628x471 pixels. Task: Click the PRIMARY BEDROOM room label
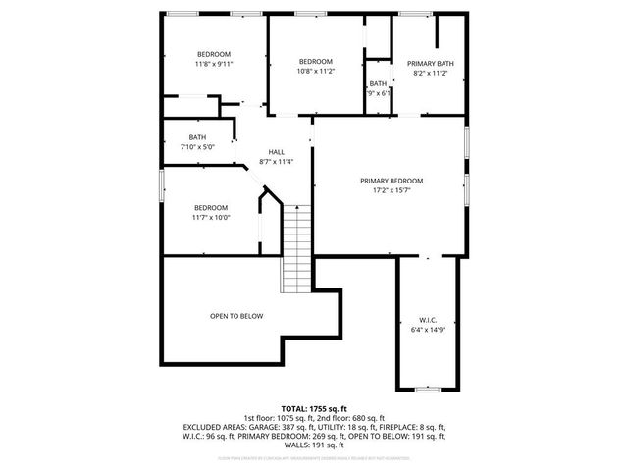pyautogui.click(x=391, y=181)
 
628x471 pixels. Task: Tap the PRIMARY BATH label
pyautogui.click(x=431, y=63)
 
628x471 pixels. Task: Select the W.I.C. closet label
pyautogui.click(x=428, y=320)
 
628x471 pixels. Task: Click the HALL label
pyautogui.click(x=276, y=152)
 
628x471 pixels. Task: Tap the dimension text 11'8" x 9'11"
pyautogui.click(x=213, y=64)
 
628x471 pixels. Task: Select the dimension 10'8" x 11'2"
pyautogui.click(x=316, y=71)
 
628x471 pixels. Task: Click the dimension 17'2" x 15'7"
pyautogui.click(x=391, y=191)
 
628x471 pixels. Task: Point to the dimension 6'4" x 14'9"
pyautogui.click(x=428, y=330)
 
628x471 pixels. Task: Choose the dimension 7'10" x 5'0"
pyautogui.click(x=197, y=146)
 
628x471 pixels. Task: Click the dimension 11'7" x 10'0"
pyautogui.click(x=210, y=218)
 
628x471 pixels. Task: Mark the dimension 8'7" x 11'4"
pyautogui.click(x=276, y=162)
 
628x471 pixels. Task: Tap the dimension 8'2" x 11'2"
pyautogui.click(x=431, y=73)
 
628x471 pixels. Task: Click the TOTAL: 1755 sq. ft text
pyautogui.click(x=314, y=407)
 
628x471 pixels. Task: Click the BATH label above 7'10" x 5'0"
pyautogui.click(x=197, y=137)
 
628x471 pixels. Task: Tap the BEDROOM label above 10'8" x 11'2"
pyautogui.click(x=316, y=61)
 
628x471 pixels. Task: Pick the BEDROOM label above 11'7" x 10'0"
pyautogui.click(x=210, y=207)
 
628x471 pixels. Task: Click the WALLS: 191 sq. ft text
pyautogui.click(x=314, y=445)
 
